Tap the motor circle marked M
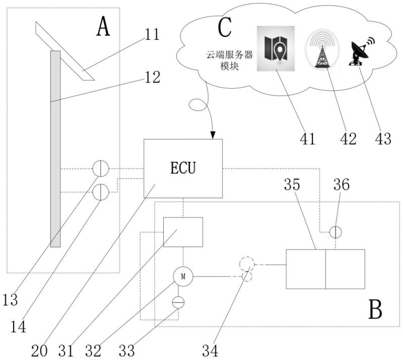coord(183,276)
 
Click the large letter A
coord(103,27)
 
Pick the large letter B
coord(375,308)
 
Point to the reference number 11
coord(149,35)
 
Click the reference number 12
coord(149,77)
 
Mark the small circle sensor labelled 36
coord(335,232)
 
